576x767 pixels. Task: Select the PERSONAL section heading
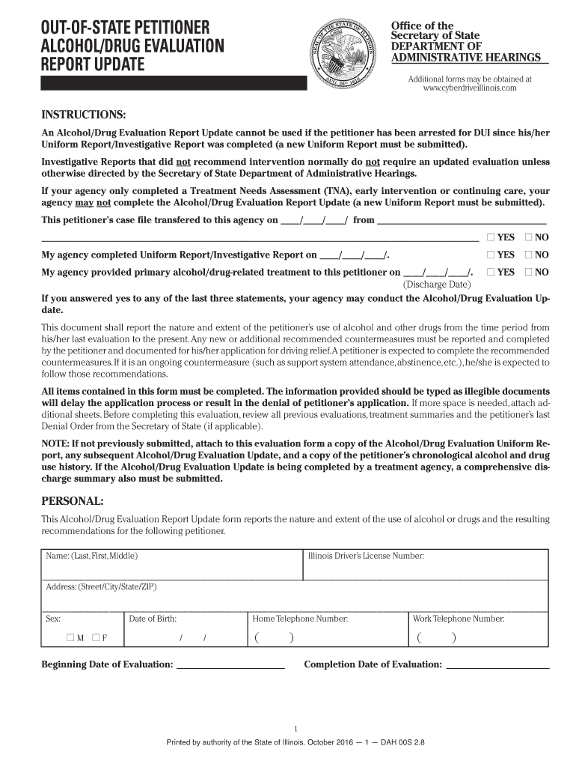click(x=73, y=500)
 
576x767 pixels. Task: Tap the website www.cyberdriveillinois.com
click(x=470, y=88)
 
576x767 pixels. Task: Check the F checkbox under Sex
click(x=96, y=638)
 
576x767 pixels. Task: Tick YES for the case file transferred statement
click(x=491, y=237)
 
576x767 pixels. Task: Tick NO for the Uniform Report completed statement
click(x=529, y=255)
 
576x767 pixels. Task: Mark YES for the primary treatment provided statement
click(x=491, y=273)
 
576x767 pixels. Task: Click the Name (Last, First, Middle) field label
click(x=92, y=556)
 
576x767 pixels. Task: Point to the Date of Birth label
click(x=153, y=619)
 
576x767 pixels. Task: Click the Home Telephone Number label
click(x=300, y=619)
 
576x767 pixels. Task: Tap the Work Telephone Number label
click(x=459, y=619)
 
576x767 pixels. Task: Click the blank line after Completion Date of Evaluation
click(x=497, y=665)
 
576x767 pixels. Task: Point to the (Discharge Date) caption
click(x=437, y=285)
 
